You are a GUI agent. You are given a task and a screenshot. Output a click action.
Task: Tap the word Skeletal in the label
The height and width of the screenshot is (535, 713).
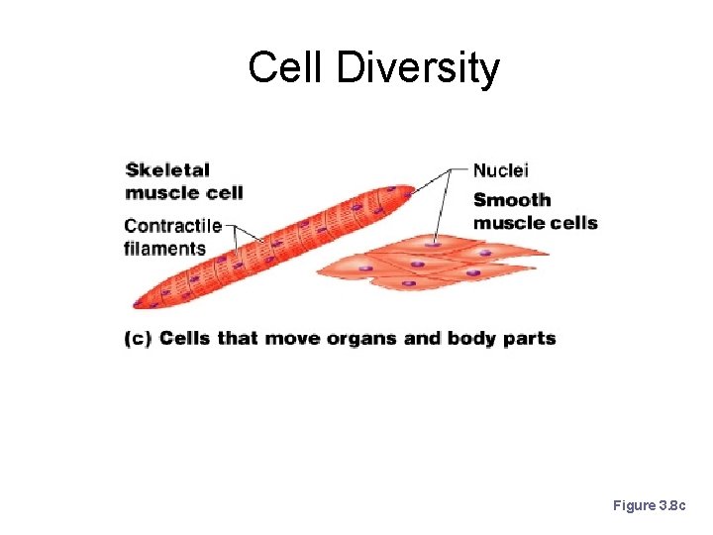168,170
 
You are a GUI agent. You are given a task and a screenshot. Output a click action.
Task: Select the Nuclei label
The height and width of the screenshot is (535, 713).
501,170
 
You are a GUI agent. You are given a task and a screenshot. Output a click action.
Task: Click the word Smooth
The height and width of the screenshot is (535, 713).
512,200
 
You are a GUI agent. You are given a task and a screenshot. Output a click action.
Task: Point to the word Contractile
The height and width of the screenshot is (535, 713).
172,226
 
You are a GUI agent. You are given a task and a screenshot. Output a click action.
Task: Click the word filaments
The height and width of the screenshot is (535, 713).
164,249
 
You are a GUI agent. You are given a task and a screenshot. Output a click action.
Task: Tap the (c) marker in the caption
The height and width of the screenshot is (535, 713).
138,339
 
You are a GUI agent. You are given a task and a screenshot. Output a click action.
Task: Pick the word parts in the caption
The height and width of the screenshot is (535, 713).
530,339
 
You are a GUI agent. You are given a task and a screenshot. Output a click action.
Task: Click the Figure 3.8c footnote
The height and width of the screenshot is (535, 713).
648,505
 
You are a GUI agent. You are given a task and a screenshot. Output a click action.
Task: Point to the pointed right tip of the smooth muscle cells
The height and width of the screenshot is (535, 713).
546,254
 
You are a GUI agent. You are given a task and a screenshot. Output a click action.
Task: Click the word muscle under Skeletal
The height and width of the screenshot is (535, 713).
161,192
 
